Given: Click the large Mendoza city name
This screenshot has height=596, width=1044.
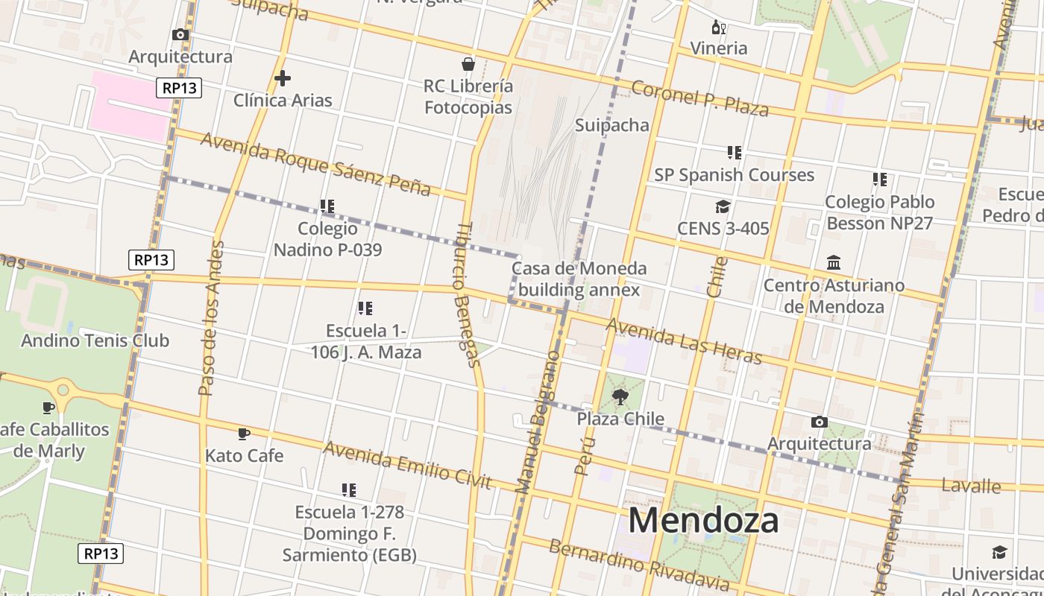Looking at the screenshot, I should [x=703, y=520].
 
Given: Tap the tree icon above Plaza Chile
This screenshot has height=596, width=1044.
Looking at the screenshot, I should [x=620, y=396].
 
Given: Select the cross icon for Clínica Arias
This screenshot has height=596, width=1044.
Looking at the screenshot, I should [x=283, y=77].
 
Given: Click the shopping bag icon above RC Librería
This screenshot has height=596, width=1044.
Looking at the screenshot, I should [x=468, y=63].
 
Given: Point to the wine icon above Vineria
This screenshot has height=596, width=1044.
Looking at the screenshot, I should [x=718, y=28].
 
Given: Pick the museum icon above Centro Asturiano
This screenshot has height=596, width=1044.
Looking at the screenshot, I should [x=834, y=263].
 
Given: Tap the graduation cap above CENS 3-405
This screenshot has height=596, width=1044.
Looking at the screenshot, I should [x=722, y=206].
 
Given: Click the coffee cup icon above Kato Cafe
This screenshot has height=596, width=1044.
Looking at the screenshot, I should [x=244, y=434].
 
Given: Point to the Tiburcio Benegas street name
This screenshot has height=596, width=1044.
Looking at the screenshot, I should [x=468, y=295].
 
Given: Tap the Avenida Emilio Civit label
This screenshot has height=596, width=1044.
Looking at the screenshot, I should [x=408, y=466].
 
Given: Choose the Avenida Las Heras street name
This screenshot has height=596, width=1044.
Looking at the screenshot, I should [x=684, y=341].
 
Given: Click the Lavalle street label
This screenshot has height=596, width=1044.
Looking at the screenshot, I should [x=971, y=486].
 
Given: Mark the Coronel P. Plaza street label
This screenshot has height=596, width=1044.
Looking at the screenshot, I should [x=699, y=98].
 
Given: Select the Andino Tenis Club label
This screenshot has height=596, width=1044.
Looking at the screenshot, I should [x=95, y=340].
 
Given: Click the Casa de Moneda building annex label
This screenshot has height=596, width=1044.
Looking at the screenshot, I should [x=579, y=279].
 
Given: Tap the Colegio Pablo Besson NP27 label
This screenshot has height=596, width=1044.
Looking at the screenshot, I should [x=879, y=212].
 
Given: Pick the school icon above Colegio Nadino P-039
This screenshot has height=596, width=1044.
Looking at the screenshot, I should [x=327, y=206].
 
